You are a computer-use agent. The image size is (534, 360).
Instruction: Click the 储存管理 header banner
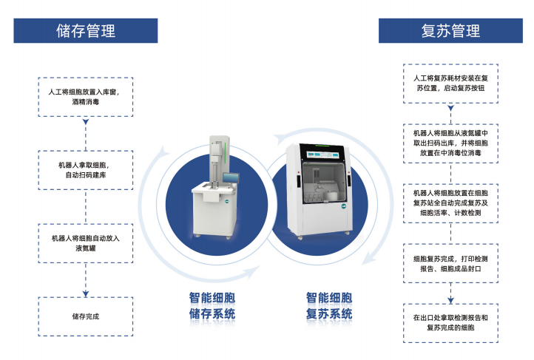point(86,31)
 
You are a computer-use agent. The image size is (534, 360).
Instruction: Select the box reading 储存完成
point(86,316)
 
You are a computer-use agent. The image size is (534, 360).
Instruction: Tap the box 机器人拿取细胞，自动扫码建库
point(86,170)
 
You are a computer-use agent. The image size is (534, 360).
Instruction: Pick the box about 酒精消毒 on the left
point(86,96)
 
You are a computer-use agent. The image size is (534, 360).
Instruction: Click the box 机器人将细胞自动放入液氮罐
point(86,244)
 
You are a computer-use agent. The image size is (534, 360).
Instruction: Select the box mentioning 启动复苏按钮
point(450,82)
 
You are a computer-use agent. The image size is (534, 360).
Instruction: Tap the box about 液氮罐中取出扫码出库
point(450,143)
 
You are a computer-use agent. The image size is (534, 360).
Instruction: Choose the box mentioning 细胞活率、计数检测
point(450,203)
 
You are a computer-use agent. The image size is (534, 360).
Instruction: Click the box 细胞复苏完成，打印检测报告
point(450,263)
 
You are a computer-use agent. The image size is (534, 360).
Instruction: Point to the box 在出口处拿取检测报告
point(450,322)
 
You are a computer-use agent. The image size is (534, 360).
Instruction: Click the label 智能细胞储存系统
point(212,306)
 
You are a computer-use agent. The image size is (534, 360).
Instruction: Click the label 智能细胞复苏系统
point(329,306)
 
